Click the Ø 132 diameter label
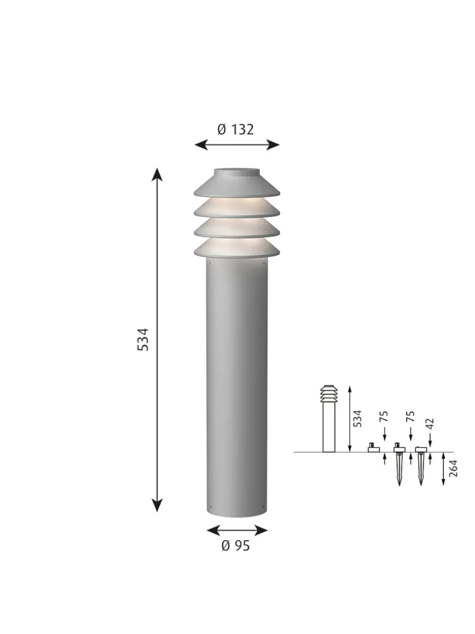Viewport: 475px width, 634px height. pyautogui.click(x=235, y=130)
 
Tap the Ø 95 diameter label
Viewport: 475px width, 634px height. pyautogui.click(x=235, y=546)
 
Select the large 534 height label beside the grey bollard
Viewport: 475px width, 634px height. pyautogui.click(x=144, y=339)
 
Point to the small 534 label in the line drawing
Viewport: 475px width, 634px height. pyautogui.click(x=357, y=419)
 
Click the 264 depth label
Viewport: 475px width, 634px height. pyautogui.click(x=452, y=469)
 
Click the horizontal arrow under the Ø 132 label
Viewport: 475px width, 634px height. pyautogui.click(x=237, y=145)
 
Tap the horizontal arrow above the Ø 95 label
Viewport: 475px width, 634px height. pyautogui.click(x=237, y=530)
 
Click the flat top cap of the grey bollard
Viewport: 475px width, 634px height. pyautogui.click(x=237, y=172)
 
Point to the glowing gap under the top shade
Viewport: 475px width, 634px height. pyautogui.click(x=237, y=203)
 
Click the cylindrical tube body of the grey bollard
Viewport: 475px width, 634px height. pyautogui.click(x=237, y=385)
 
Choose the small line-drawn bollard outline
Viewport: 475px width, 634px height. pyautogui.click(x=329, y=419)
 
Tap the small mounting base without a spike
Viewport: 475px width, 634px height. pyautogui.click(x=373, y=448)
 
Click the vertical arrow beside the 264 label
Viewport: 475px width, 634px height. pyautogui.click(x=443, y=469)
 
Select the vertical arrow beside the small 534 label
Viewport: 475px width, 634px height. pyautogui.click(x=349, y=419)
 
